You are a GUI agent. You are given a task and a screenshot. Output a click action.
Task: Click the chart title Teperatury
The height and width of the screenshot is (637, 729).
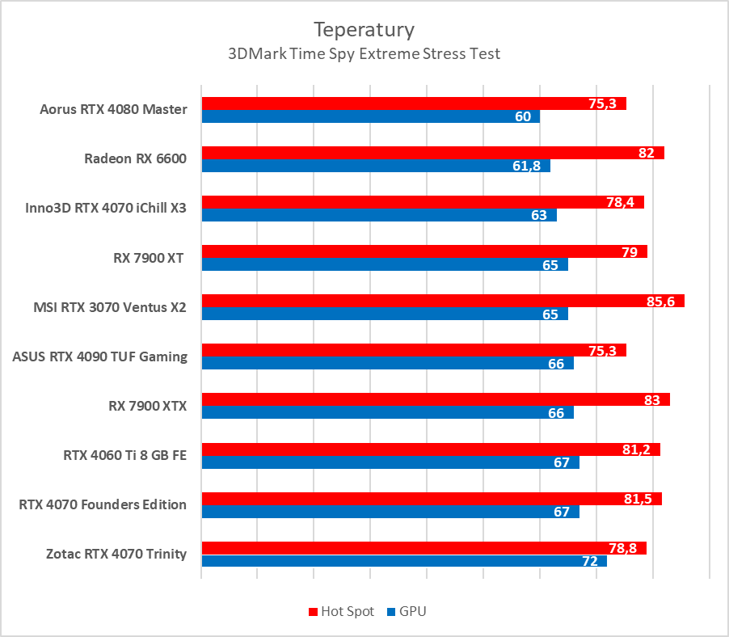point(364,30)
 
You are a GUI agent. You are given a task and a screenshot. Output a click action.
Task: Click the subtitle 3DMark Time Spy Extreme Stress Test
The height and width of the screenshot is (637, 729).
point(364,54)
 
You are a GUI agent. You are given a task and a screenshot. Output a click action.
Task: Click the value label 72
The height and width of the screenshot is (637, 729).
point(589,561)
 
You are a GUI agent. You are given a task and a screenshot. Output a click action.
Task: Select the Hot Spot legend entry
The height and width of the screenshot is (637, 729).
point(341,611)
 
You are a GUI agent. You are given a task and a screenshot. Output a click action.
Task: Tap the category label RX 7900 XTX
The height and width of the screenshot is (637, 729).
point(147,406)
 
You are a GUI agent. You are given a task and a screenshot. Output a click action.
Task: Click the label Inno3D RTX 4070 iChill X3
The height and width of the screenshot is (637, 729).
point(106,209)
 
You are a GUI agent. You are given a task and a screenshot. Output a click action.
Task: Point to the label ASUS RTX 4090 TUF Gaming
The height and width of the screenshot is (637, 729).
point(99,356)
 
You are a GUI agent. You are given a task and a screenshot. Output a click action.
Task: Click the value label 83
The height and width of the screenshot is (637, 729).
point(652,399)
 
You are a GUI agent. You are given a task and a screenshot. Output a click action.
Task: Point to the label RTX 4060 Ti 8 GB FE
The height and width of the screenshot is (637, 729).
point(124,455)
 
